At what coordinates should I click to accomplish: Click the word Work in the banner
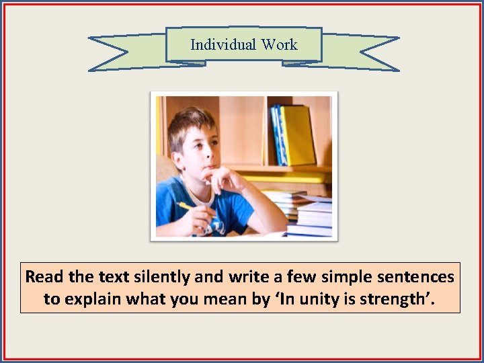point(280,45)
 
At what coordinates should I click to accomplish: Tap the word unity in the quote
point(319,298)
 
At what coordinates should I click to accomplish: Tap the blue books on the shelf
point(277,134)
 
